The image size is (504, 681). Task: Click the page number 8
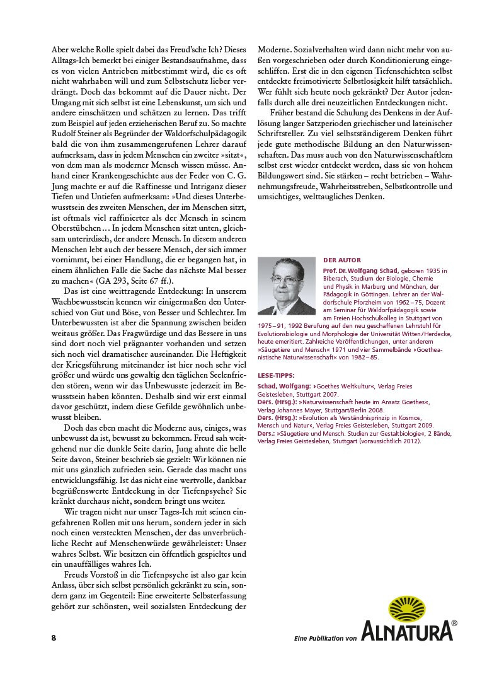[x=54, y=637]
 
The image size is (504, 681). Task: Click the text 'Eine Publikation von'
[x=326, y=639]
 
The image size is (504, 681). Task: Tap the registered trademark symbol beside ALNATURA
[x=454, y=624]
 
